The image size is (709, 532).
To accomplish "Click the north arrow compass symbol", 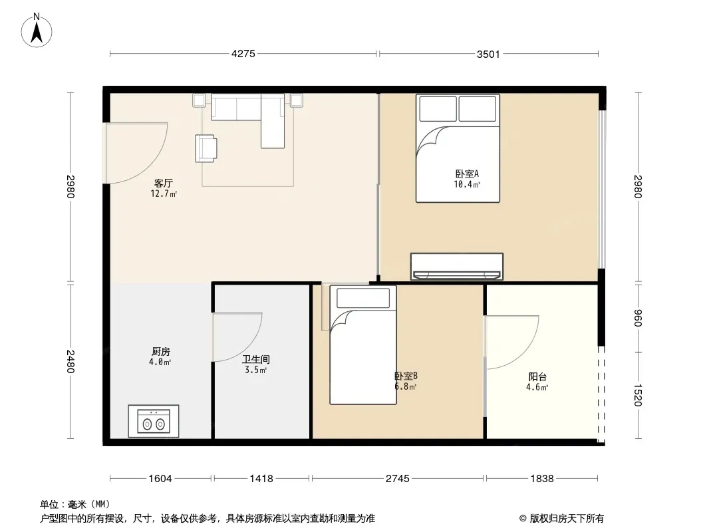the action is [x=37, y=31].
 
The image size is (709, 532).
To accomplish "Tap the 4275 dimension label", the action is [x=243, y=54].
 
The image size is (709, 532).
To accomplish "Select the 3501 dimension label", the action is [x=488, y=55].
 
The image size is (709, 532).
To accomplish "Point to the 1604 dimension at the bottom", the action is [x=160, y=478].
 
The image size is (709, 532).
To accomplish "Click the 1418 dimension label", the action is [x=261, y=478].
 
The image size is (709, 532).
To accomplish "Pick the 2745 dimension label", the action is [x=398, y=478].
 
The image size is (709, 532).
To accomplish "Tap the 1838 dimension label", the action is [x=541, y=478].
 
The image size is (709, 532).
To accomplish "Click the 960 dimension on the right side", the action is [x=638, y=318].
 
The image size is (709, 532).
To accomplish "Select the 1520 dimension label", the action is [x=638, y=395].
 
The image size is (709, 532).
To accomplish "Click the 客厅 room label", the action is [x=163, y=183].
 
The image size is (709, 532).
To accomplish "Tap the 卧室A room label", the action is [x=467, y=174].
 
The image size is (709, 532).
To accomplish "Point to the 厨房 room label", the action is [x=160, y=351].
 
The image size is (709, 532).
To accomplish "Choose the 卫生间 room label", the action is [x=256, y=359].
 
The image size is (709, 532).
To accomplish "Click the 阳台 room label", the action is [x=537, y=376].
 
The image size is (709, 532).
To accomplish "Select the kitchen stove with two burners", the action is [x=153, y=421].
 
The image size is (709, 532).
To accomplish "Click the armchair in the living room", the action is [x=206, y=148].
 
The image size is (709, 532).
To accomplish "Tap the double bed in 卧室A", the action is [x=458, y=148].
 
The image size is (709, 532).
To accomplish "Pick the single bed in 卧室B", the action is [x=363, y=345].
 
